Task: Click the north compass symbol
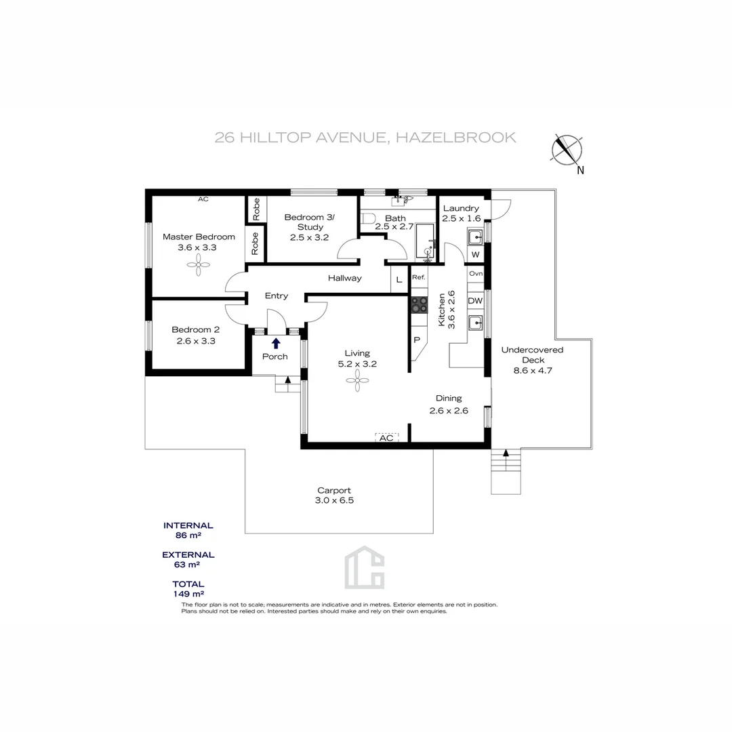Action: click(568, 150)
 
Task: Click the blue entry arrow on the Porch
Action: click(276, 344)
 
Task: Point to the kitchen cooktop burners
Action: click(420, 304)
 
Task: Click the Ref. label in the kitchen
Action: click(418, 277)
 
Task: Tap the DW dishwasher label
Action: click(475, 301)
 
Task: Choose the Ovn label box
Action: click(475, 273)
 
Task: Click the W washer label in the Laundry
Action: click(475, 255)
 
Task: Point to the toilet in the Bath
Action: click(367, 218)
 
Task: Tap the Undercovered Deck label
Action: click(532, 354)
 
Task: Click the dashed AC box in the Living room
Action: click(386, 438)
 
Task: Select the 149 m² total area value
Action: click(188, 594)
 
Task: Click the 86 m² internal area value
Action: click(188, 535)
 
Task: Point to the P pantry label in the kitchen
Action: click(417, 340)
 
